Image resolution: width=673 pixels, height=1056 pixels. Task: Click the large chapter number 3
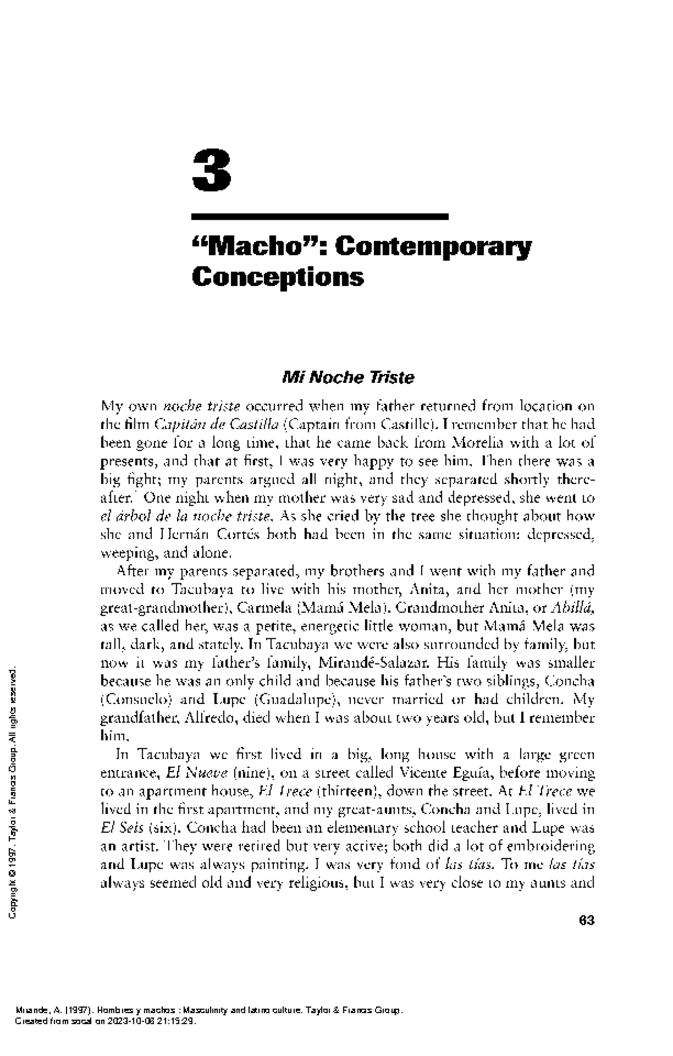[x=211, y=171]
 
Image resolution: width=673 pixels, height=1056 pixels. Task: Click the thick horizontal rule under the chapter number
[x=320, y=216]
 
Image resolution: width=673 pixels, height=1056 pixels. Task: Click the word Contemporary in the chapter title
[x=433, y=247]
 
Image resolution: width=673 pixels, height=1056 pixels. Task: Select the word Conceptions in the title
[x=278, y=277]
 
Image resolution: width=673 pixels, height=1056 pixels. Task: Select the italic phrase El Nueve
[x=196, y=773]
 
